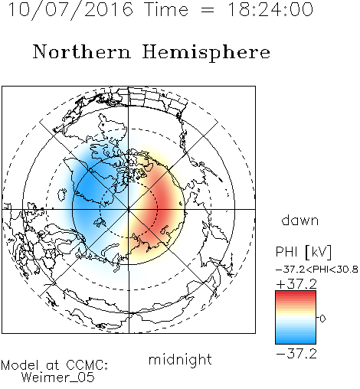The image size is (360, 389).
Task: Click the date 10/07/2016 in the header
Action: [70, 10]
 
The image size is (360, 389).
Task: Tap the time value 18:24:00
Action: [270, 9]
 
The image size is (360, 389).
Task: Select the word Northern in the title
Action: [81, 51]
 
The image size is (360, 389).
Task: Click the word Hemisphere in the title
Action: [206, 53]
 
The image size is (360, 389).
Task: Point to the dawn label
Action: [300, 221]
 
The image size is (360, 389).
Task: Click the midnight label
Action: [180, 360]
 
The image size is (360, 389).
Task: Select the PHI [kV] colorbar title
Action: [303, 252]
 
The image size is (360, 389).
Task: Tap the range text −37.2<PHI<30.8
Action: [317, 270]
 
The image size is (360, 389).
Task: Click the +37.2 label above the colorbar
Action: [297, 284]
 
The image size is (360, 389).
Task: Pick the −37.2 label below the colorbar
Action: [296, 354]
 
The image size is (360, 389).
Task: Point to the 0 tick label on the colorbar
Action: [322, 319]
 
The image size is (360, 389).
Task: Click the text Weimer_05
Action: [57, 378]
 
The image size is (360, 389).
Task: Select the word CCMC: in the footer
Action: [87, 365]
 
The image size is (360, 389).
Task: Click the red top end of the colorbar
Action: [296, 293]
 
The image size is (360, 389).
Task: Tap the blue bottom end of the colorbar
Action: [296, 342]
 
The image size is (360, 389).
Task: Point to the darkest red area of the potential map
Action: [163, 201]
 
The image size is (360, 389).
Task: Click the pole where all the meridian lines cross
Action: [129, 209]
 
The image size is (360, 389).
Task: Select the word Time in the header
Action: [166, 10]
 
